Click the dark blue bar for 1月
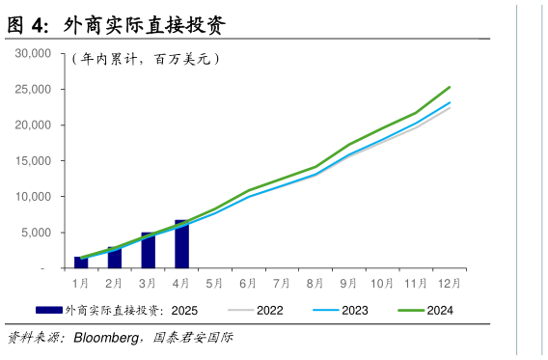(x=81, y=263)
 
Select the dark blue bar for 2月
(x=115, y=257)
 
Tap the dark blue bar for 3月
(x=148, y=250)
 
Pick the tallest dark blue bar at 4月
(x=181, y=244)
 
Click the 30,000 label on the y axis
(x=34, y=53)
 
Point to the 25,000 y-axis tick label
(x=34, y=89)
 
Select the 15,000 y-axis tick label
(x=34, y=160)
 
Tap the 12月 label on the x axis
(x=450, y=284)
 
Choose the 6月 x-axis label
(x=248, y=284)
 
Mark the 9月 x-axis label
(x=348, y=284)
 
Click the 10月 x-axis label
(x=382, y=284)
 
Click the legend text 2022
(x=270, y=310)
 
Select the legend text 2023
(x=355, y=310)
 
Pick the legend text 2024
(x=440, y=310)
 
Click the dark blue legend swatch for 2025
(x=48, y=310)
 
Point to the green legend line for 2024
(x=410, y=310)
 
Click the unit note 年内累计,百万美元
(x=147, y=59)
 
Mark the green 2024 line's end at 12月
(x=450, y=87)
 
